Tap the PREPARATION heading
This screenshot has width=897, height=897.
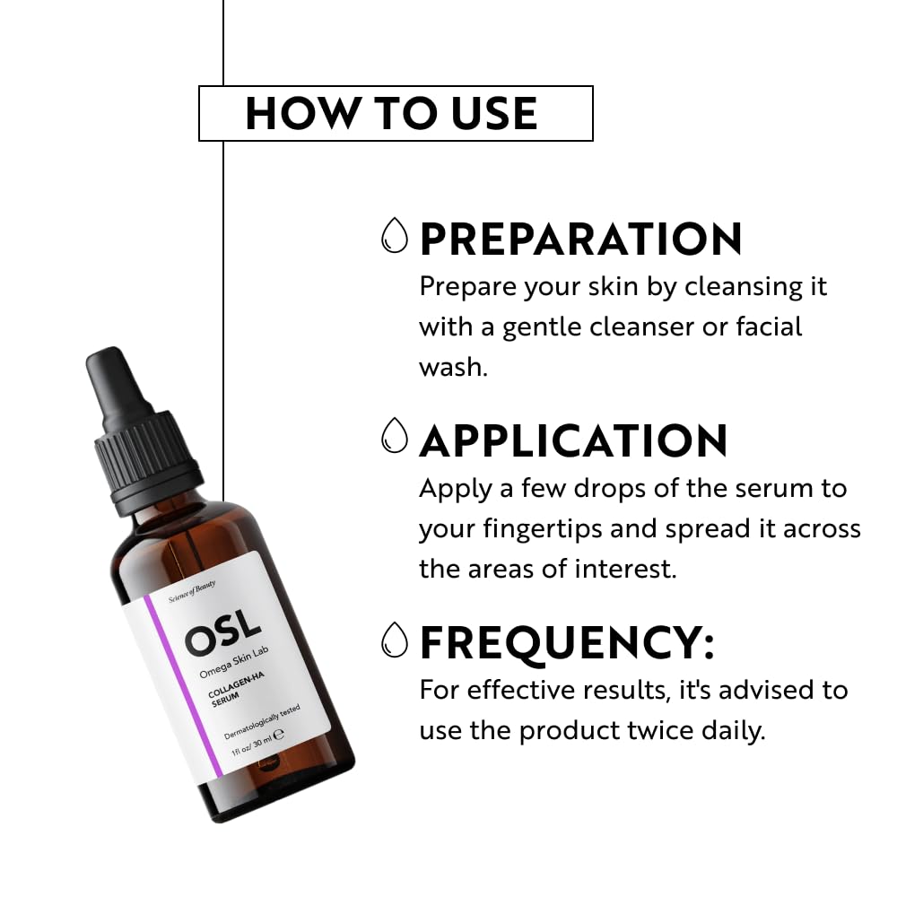click(x=580, y=239)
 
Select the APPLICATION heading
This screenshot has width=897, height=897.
click(x=573, y=440)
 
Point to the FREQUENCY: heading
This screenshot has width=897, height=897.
click(x=567, y=643)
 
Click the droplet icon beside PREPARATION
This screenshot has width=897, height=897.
click(x=394, y=235)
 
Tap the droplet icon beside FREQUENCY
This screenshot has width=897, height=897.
click(x=394, y=640)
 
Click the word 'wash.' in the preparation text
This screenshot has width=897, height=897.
click(x=453, y=367)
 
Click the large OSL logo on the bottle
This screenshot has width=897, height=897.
click(x=223, y=633)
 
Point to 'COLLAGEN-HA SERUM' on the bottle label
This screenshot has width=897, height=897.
click(x=233, y=689)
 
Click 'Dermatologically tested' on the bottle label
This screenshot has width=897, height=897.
click(x=261, y=722)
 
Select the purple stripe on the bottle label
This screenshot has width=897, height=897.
click(x=182, y=686)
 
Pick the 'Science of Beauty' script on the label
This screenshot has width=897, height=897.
click(x=192, y=591)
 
